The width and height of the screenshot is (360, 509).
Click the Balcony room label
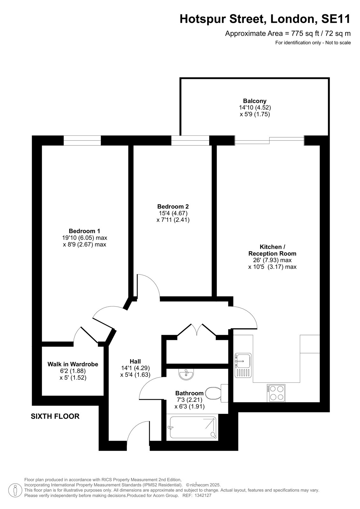click(x=254, y=101)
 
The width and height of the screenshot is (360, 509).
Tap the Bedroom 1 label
click(x=84, y=231)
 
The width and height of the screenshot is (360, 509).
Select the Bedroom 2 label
click(x=173, y=206)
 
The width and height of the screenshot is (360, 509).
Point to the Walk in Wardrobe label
click(x=73, y=364)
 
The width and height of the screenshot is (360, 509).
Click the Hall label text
click(x=135, y=361)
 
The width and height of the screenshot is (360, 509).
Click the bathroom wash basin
click(x=186, y=374)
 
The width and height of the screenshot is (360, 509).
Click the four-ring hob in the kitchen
click(x=276, y=393)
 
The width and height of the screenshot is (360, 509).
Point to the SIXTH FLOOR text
click(x=55, y=416)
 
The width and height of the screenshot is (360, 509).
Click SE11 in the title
click(x=336, y=19)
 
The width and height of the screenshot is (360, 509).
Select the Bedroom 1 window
click(x=82, y=140)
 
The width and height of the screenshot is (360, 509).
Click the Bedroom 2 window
click(x=190, y=140)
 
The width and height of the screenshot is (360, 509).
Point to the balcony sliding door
click(x=269, y=140)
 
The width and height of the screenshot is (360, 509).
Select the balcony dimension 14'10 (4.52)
click(x=255, y=108)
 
